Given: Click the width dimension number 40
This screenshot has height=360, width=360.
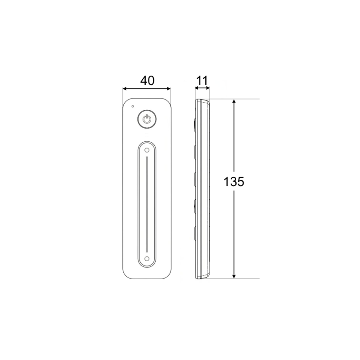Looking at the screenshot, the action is [148, 81].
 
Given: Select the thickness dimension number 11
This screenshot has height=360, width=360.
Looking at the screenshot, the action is [202, 81].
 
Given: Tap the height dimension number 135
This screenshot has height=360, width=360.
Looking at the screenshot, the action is [234, 182].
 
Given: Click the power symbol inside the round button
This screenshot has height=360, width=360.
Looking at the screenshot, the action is [147, 119].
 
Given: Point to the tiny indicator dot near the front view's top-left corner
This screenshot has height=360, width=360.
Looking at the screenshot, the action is [132, 106].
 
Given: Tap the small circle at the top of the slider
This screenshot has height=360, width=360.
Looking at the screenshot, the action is [147, 150].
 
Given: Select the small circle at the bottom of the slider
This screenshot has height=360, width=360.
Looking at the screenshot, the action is [147, 259].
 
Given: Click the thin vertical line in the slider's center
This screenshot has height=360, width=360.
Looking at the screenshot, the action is [147, 204].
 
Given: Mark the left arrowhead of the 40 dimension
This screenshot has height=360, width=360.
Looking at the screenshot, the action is [125, 89].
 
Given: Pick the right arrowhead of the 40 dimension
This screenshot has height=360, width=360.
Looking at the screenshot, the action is [169, 89].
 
